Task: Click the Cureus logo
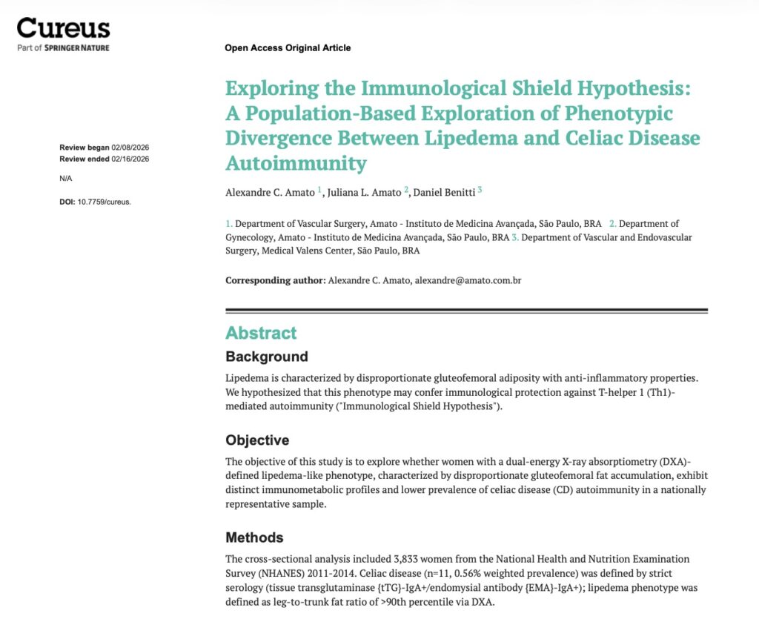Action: pyautogui.click(x=63, y=28)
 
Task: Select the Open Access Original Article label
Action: pyautogui.click(x=288, y=48)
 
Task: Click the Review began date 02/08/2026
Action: pyautogui.click(x=130, y=147)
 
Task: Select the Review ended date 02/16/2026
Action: pyautogui.click(x=130, y=159)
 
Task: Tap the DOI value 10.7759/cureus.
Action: pyautogui.click(x=104, y=202)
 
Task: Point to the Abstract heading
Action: pyautogui.click(x=261, y=333)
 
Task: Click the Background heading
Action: pyautogui.click(x=267, y=357)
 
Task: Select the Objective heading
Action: pyautogui.click(x=257, y=440)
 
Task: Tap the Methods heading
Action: pyautogui.click(x=254, y=537)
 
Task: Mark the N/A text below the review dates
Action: pyautogui.click(x=66, y=179)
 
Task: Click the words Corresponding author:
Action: pyautogui.click(x=275, y=281)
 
